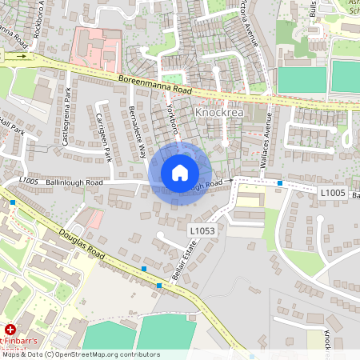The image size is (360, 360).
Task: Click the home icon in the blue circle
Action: pos(180,173)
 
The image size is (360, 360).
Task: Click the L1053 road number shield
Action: pos(203,230)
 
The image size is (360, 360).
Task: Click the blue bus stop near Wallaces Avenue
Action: pos(280,184)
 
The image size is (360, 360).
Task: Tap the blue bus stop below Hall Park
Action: pos(14,203)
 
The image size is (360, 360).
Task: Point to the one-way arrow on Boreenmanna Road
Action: pos(23,56)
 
